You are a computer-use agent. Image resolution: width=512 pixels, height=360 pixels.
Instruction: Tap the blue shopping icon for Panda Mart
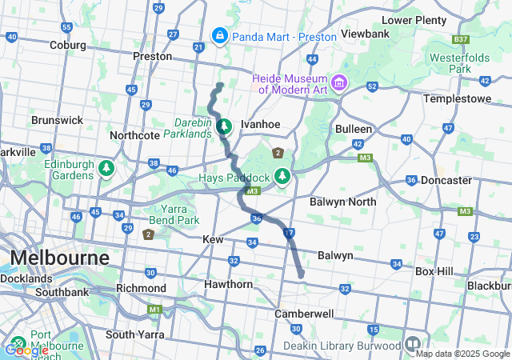219,35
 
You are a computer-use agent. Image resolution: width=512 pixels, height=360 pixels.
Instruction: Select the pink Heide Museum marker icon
339,82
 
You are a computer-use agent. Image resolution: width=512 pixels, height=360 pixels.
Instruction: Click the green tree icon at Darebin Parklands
225,126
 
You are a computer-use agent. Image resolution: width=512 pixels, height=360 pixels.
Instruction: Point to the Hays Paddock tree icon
282,174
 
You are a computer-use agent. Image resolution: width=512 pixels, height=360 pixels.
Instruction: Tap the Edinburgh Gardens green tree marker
106,169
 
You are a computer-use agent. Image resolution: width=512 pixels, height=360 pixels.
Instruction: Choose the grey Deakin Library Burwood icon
413,343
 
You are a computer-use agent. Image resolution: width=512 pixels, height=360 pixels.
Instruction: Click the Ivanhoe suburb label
260,125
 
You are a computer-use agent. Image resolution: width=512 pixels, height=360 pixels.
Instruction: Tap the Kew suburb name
213,239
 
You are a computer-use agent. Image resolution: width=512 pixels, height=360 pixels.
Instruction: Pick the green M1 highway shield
154,309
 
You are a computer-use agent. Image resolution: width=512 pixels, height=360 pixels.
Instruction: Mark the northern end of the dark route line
220,84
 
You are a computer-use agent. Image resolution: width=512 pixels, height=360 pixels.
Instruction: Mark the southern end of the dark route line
302,276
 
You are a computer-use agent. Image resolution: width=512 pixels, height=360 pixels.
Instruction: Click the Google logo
26,350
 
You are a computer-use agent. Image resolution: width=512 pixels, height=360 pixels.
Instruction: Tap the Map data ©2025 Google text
462,354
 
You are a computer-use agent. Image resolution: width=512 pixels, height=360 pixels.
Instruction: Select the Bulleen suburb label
354,128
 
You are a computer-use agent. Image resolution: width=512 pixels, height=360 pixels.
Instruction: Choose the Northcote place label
134,135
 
